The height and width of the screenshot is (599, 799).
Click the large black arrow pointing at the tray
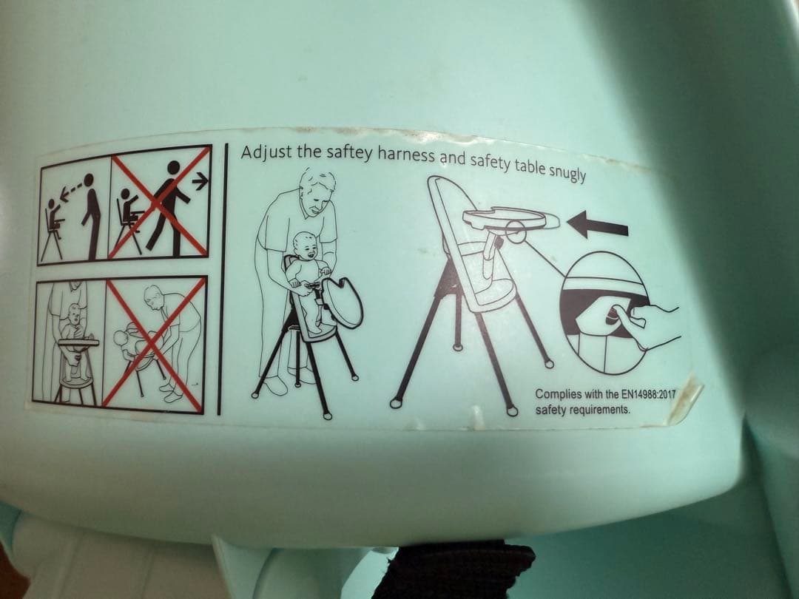click(x=598, y=225)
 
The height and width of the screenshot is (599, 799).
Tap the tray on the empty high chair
click(x=511, y=220)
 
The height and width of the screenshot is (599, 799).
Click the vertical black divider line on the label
click(x=223, y=279)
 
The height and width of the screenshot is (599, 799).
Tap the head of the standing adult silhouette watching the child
click(x=90, y=179)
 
